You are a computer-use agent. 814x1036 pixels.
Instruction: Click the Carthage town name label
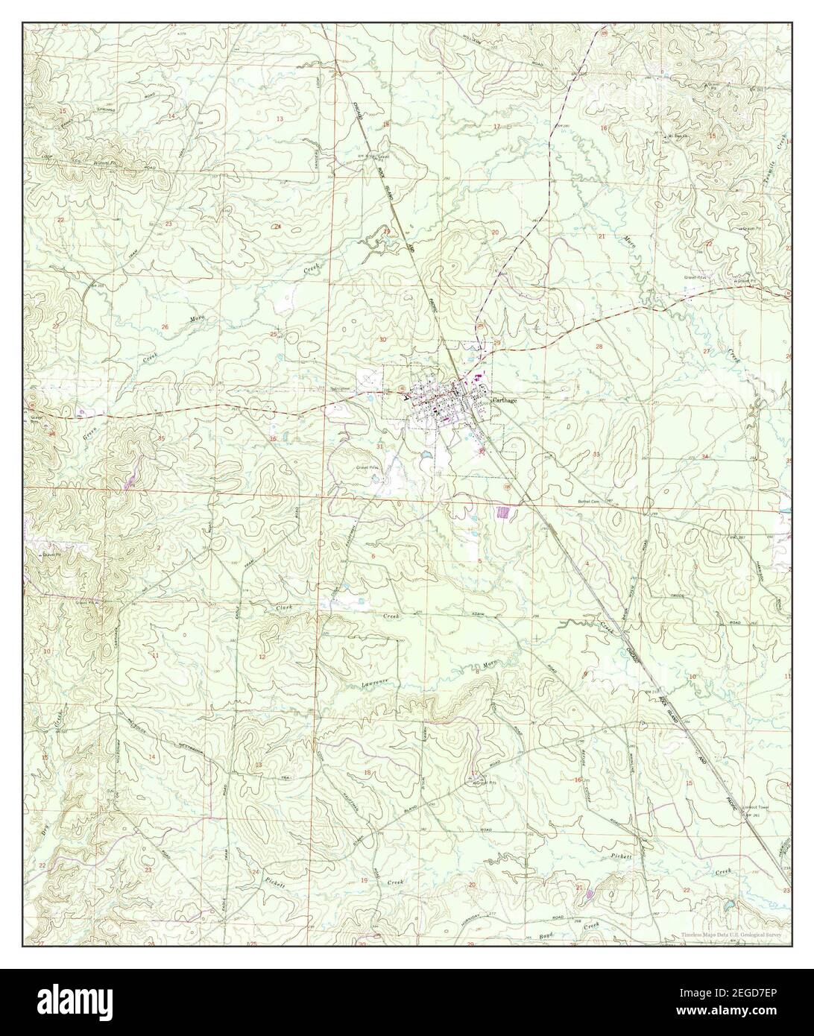tap(501, 399)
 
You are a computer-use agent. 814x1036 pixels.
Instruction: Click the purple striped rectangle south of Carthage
tap(505, 512)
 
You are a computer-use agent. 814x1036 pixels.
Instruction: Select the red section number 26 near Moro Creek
tap(165, 326)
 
